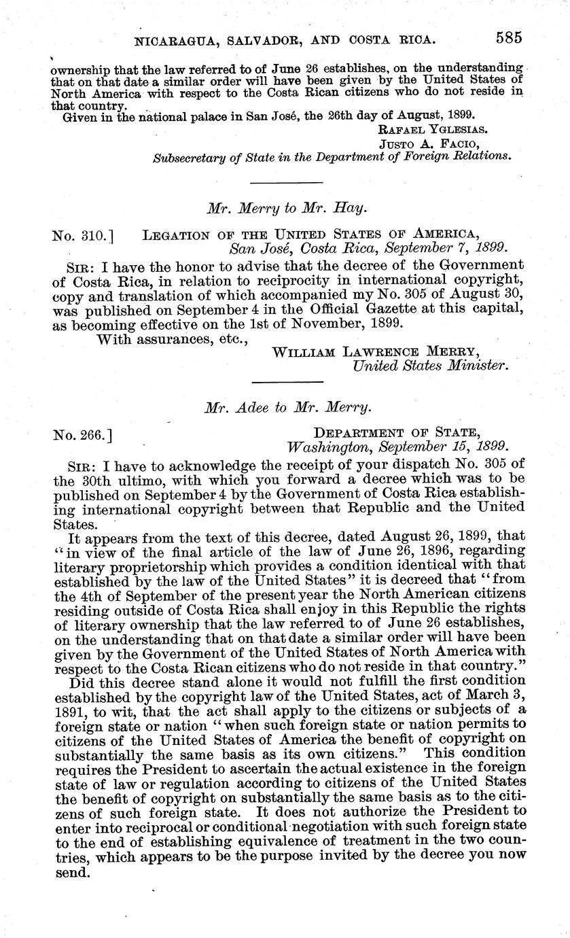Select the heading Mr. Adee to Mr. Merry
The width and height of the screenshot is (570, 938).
coord(288,408)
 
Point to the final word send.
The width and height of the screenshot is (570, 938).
coord(71,873)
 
